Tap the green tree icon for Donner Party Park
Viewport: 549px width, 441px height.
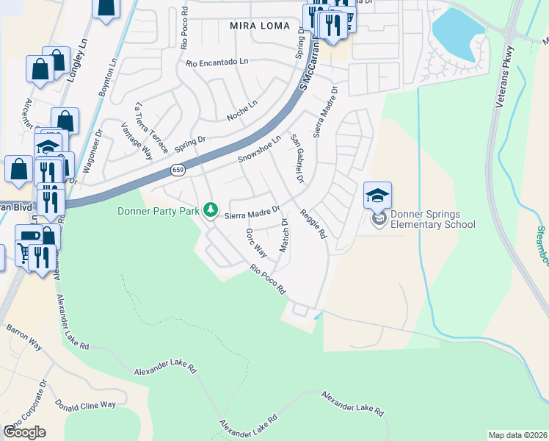tap(211, 211)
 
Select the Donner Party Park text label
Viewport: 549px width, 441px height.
tap(159, 212)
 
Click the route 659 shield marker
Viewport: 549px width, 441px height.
tap(178, 170)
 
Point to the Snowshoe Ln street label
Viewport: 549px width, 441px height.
tap(259, 149)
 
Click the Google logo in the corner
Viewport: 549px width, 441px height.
tap(24, 431)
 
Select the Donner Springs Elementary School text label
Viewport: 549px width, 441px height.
tap(432, 220)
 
